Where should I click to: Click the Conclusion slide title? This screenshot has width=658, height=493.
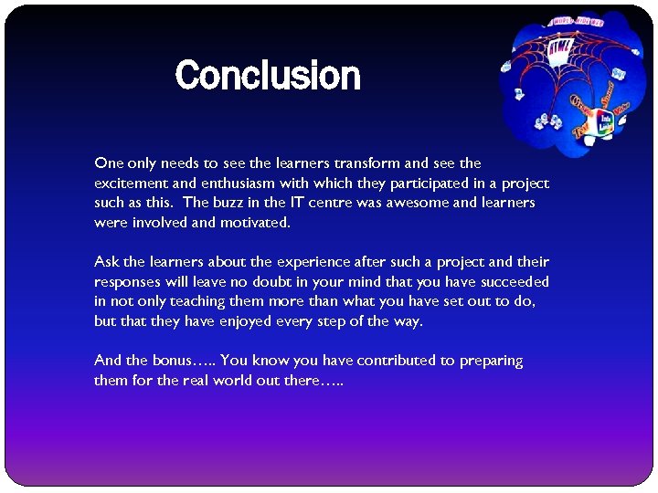(x=267, y=75)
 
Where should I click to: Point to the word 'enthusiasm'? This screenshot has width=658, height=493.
(x=201, y=184)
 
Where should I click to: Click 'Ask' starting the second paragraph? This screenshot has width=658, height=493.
(x=106, y=263)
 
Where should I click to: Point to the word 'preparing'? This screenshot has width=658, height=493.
(x=491, y=362)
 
